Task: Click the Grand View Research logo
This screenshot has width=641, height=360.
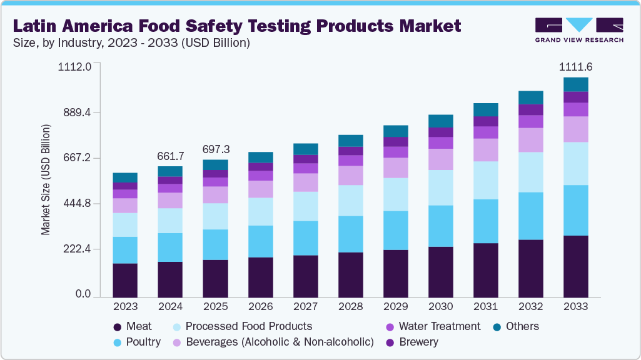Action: (578, 29)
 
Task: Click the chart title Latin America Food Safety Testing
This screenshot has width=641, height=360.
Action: (237, 26)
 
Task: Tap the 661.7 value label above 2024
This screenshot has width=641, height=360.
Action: (170, 154)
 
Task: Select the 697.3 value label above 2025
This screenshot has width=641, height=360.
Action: (215, 149)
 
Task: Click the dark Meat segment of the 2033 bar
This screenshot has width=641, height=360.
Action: (575, 266)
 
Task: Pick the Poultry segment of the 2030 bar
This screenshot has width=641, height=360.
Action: (440, 226)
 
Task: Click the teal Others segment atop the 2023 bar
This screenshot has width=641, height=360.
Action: (125, 177)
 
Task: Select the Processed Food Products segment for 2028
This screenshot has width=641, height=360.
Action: (350, 200)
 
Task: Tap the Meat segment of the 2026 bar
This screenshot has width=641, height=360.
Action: (260, 277)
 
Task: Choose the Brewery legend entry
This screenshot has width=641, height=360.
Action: (418, 342)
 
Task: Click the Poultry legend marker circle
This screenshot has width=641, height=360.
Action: (116, 342)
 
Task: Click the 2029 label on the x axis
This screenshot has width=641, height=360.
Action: (395, 307)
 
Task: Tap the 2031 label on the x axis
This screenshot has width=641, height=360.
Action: (485, 307)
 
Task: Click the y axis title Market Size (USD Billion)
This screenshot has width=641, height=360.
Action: (46, 180)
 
